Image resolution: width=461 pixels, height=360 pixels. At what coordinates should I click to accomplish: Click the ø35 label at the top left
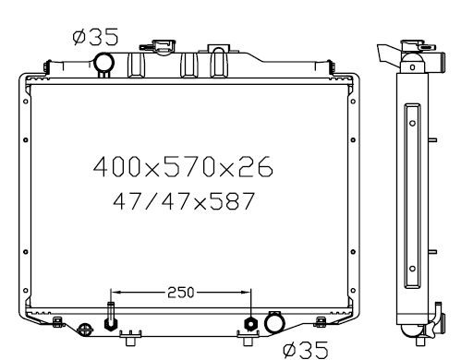tap(95, 37)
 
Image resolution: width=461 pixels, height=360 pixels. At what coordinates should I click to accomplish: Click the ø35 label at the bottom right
tap(306, 350)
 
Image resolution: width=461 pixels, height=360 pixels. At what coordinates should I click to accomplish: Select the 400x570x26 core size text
tap(183, 166)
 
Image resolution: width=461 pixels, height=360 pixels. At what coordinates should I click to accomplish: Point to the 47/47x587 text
tap(184, 201)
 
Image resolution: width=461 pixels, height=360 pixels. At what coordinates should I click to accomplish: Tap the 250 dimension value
tap(181, 293)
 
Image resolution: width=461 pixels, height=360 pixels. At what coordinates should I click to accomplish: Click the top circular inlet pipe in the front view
tap(104, 63)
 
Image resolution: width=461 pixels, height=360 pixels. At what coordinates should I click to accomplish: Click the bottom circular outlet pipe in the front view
tap(274, 323)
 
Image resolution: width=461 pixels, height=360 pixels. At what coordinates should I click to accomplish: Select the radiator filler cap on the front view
tap(158, 46)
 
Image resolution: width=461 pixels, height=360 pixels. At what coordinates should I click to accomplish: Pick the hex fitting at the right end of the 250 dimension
tap(251, 324)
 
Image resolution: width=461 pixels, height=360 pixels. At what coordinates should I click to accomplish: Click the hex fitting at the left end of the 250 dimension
tap(111, 324)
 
